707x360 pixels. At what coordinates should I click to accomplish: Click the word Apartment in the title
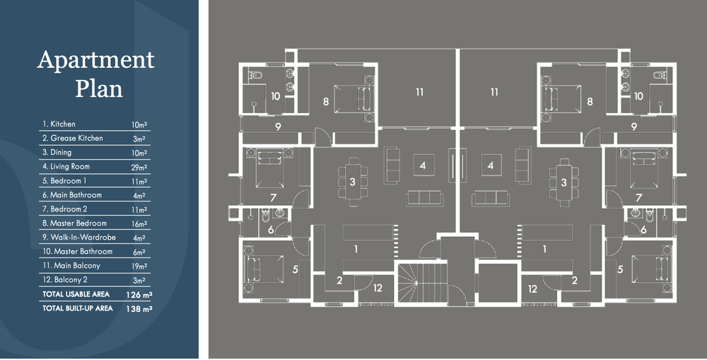pyautogui.click(x=96, y=60)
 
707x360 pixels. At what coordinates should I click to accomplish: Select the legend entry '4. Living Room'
pyautogui.click(x=66, y=166)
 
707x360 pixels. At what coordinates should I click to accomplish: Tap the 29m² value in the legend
pyautogui.click(x=139, y=168)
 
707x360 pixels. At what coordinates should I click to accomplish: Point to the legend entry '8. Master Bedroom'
pyautogui.click(x=75, y=223)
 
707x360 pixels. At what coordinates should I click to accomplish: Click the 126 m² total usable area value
pyautogui.click(x=139, y=295)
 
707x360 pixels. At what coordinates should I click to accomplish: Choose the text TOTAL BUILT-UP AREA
pyautogui.click(x=78, y=308)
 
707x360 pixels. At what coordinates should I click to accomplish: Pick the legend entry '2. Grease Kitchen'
pyautogui.click(x=73, y=138)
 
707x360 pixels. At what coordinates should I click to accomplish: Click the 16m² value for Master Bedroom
pyautogui.click(x=139, y=224)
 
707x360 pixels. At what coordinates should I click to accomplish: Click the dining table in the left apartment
pyautogui.click(x=353, y=182)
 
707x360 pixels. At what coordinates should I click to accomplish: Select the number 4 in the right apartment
pyautogui.click(x=491, y=166)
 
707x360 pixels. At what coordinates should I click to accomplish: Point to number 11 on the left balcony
pyautogui.click(x=420, y=92)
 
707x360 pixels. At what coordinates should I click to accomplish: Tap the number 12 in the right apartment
pyautogui.click(x=532, y=289)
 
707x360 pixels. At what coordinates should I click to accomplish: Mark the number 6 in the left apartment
pyautogui.click(x=271, y=230)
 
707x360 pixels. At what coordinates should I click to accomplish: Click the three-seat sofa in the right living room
pyautogui.click(x=491, y=198)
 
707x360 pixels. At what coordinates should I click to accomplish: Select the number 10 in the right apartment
pyautogui.click(x=638, y=96)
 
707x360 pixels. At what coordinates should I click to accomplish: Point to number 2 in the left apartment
pyautogui.click(x=339, y=281)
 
